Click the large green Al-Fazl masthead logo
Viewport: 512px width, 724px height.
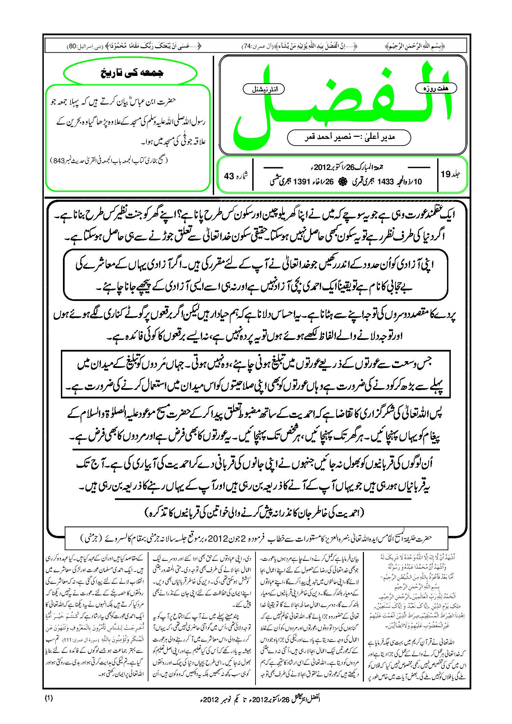[342, 103]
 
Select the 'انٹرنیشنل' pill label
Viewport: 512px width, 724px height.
[264, 89]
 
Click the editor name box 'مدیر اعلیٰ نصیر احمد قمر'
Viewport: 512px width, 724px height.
[349, 137]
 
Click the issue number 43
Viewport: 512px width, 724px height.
[229, 176]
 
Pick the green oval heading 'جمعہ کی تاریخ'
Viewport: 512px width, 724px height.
[130, 73]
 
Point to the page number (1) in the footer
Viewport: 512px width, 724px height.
[49, 698]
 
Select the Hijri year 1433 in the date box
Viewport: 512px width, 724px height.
[385, 182]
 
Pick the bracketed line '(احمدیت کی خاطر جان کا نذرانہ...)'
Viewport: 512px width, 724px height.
[255, 513]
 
